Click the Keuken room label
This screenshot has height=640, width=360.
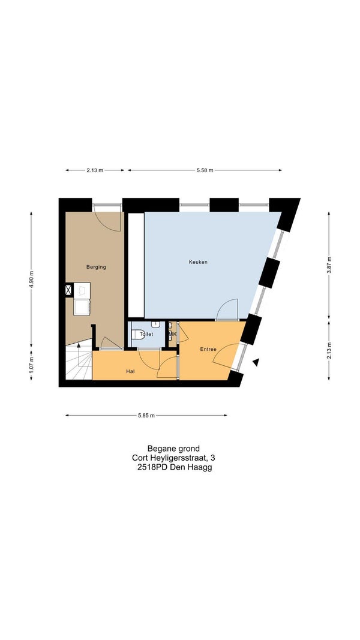[x=198, y=262]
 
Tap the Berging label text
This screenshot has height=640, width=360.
[x=96, y=267]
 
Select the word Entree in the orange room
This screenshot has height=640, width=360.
[x=208, y=349]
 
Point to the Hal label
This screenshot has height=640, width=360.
[x=131, y=371]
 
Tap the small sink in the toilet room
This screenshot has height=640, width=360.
[x=155, y=324]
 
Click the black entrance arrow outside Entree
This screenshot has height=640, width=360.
[x=256, y=362]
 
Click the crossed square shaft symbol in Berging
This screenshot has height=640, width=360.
[x=69, y=290]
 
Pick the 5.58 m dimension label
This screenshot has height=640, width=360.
[x=205, y=170]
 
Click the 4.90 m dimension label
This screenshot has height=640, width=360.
[x=31, y=279]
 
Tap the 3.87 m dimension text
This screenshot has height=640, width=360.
[x=329, y=265]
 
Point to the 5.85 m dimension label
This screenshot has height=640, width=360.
[x=146, y=416]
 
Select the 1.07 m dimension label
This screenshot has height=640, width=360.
[x=31, y=363]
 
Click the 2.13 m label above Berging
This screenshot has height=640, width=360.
[x=95, y=170]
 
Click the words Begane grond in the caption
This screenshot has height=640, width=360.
[x=173, y=449]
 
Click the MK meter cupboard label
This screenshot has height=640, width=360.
[x=173, y=334]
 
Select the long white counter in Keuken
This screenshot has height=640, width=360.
[x=136, y=265]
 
